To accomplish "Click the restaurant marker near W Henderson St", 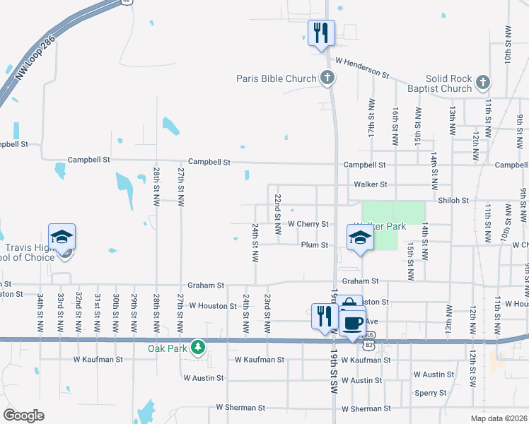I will tap(321, 33).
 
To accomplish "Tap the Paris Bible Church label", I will tap(276, 78).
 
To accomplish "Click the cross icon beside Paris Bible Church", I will tap(327, 78).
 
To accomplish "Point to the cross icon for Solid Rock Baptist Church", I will tap(482, 83).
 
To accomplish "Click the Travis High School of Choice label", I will tap(28, 252).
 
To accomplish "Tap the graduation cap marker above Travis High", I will tap(62, 237).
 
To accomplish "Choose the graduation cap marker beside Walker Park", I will tap(360, 238).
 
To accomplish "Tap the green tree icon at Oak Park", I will tap(199, 348).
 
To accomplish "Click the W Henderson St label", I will tap(362, 68).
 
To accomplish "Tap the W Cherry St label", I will tap(308, 224).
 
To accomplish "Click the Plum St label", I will tap(315, 245).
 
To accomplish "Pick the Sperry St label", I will tap(431, 393).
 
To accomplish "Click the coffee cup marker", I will tap(352, 322).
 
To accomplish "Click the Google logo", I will tap(23, 415).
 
